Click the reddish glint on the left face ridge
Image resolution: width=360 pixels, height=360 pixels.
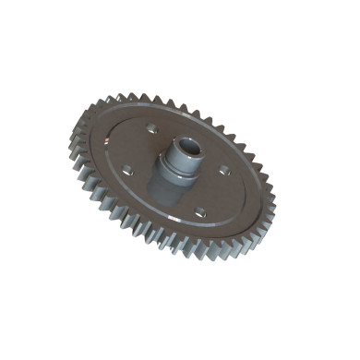click(x=108, y=141)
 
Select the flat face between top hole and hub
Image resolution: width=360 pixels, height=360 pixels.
click(x=159, y=134)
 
